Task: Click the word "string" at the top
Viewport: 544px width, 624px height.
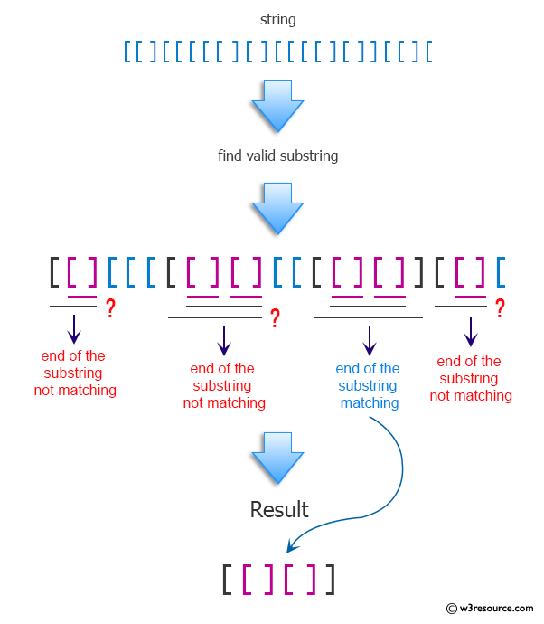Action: click(277, 19)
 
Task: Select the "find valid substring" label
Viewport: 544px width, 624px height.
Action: click(277, 156)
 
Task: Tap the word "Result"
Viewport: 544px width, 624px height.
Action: click(279, 509)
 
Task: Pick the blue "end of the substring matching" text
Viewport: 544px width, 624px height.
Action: click(368, 385)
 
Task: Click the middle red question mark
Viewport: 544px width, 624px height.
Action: click(275, 317)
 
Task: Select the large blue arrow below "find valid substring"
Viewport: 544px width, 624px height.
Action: click(277, 208)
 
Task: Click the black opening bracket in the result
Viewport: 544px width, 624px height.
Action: click(227, 580)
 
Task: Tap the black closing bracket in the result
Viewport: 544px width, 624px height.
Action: click(330, 580)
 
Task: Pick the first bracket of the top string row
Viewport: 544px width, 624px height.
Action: click(127, 52)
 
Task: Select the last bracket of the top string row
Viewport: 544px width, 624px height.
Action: click(428, 52)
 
